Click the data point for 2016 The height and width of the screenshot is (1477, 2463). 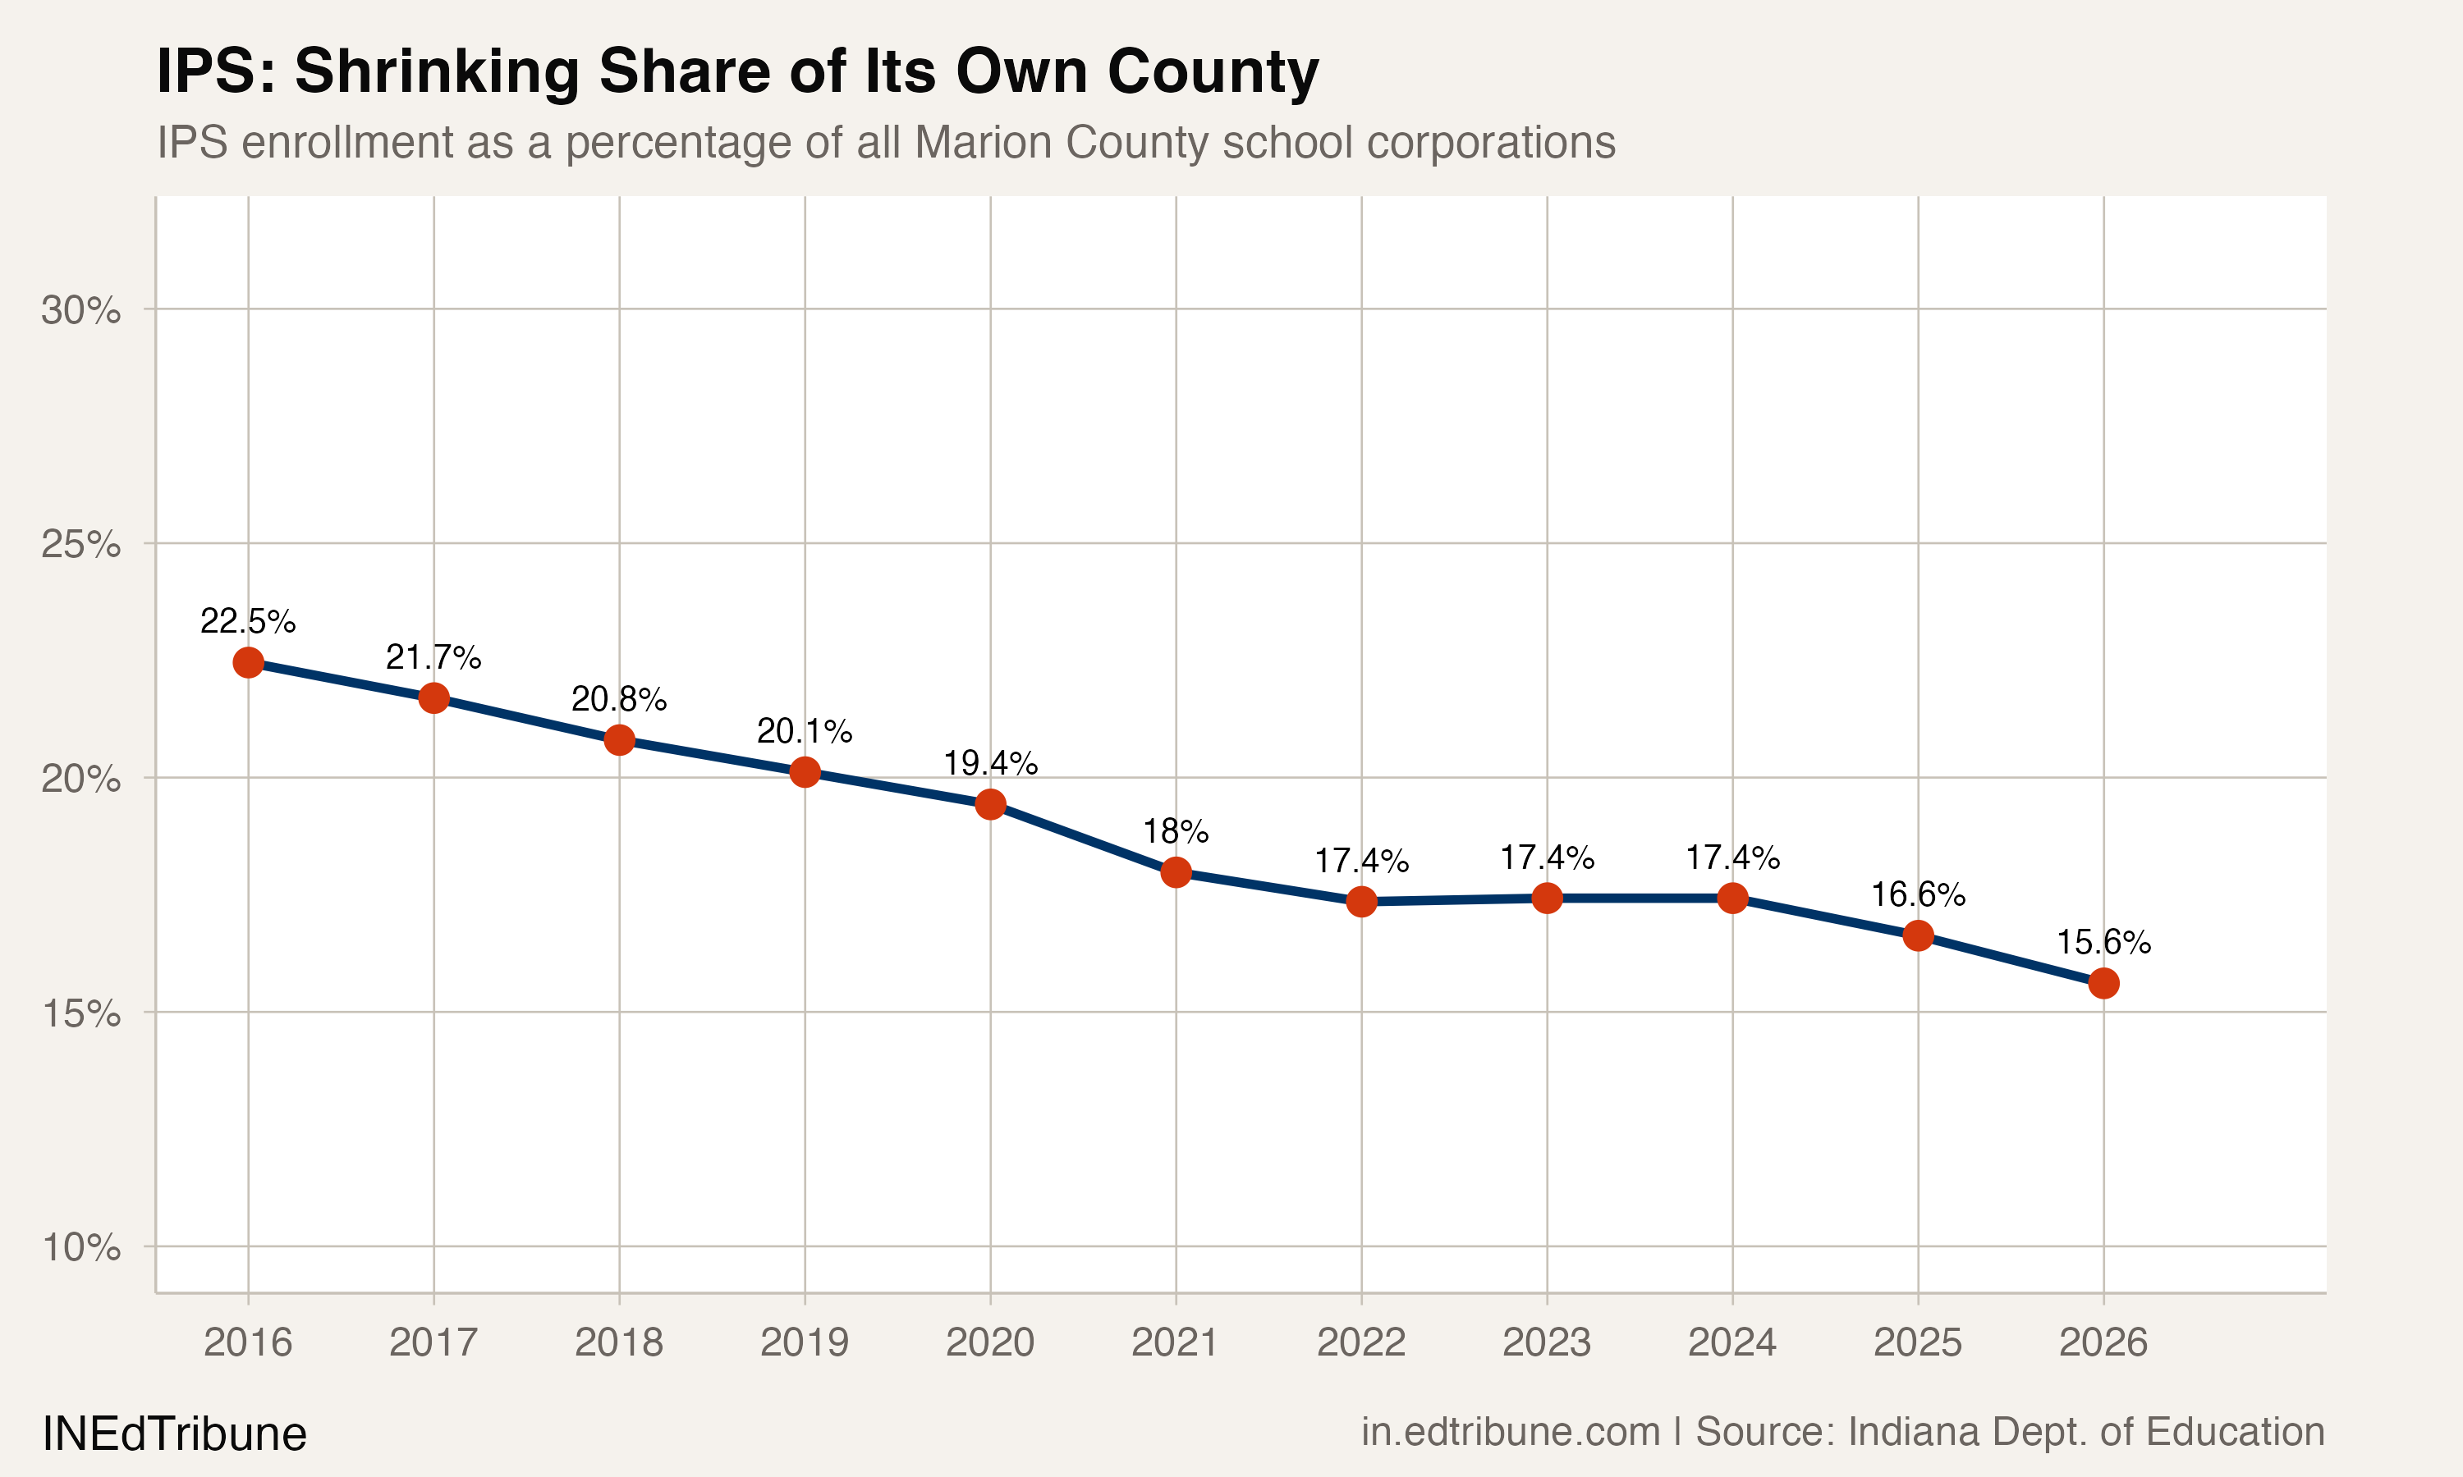point(248,662)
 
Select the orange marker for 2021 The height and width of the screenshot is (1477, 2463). point(1176,872)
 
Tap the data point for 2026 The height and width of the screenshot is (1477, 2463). point(2103,983)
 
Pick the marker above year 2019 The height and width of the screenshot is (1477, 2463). point(805,771)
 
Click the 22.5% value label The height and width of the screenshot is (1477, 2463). point(248,621)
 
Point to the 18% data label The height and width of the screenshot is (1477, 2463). point(1176,831)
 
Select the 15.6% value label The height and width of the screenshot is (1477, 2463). point(2103,941)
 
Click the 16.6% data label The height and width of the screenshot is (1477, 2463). point(1917,894)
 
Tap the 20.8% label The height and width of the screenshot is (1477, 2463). point(618,698)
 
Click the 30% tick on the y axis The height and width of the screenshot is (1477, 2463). point(80,309)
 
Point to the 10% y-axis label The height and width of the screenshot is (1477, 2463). point(80,1247)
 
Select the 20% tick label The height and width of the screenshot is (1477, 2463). point(80,779)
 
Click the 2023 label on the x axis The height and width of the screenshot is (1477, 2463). point(1546,1342)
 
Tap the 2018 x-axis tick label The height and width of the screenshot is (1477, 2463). point(618,1342)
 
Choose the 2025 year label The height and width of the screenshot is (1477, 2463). point(1917,1342)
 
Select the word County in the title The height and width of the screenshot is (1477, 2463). point(1213,73)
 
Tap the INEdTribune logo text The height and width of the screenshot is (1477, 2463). point(174,1434)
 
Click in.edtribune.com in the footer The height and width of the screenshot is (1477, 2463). point(1511,1431)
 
